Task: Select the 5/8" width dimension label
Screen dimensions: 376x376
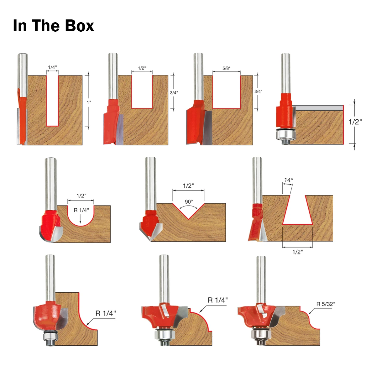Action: (226, 68)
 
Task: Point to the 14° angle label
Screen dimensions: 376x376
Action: (288, 180)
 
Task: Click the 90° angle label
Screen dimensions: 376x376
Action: (189, 202)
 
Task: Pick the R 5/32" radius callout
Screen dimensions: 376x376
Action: (325, 304)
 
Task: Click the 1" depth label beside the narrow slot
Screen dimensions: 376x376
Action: (89, 102)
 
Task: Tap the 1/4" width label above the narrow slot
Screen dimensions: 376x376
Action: (52, 67)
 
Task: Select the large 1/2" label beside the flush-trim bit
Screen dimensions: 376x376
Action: (355, 122)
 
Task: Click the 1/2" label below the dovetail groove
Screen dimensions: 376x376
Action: (297, 252)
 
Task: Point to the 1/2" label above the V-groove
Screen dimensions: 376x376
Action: (188, 186)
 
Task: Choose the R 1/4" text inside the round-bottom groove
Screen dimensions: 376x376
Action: (81, 210)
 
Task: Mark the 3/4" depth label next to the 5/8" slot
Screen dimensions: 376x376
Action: (258, 91)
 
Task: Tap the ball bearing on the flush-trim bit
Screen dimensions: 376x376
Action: (285, 135)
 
